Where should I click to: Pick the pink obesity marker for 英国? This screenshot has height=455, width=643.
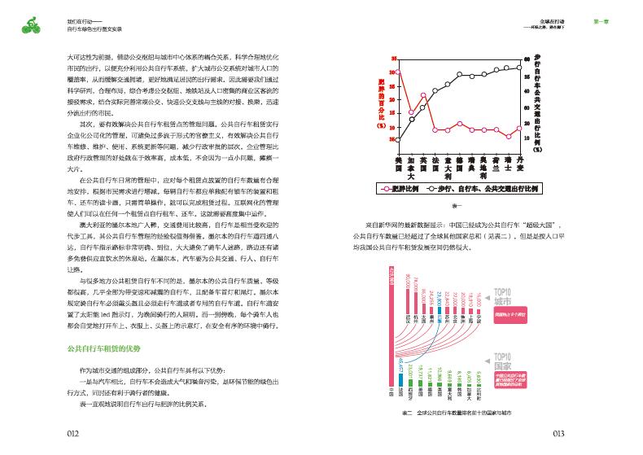(423, 95)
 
